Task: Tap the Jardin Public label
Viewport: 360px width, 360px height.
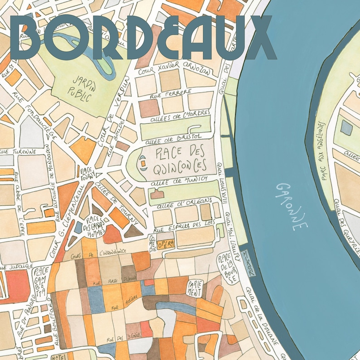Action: pyautogui.click(x=81, y=86)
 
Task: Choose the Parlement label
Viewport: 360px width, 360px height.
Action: pyautogui.click(x=195, y=287)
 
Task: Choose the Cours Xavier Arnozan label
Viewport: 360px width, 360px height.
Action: pyautogui.click(x=174, y=68)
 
